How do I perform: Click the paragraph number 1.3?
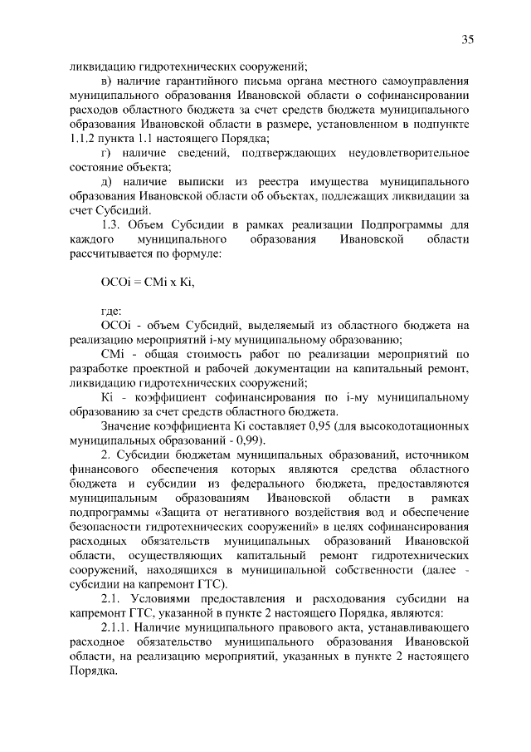tap(112, 224)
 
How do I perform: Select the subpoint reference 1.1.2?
tap(84, 137)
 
